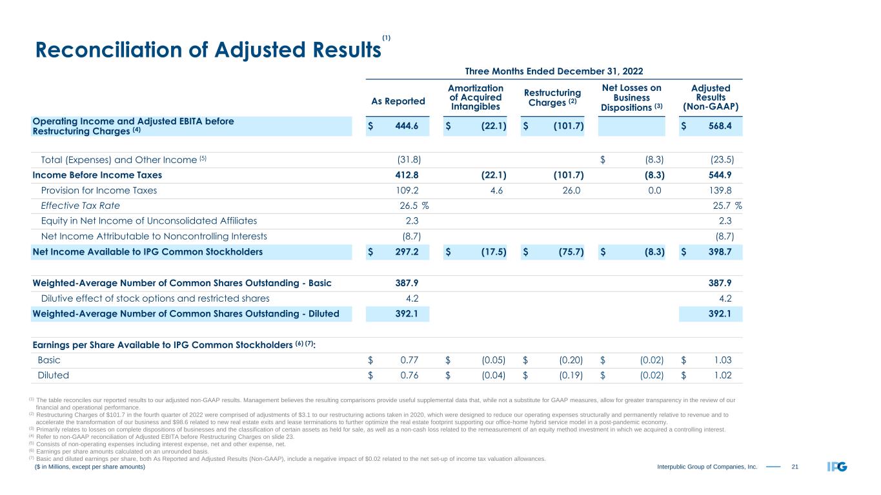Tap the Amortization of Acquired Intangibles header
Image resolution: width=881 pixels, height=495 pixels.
(476, 97)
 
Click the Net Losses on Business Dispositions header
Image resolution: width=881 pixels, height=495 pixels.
(632, 97)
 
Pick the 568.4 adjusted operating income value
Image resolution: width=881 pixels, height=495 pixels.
(718, 126)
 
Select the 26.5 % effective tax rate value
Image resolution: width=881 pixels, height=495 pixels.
(414, 206)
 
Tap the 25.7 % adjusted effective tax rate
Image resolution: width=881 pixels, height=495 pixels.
(724, 206)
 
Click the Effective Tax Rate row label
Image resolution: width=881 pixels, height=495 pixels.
(80, 206)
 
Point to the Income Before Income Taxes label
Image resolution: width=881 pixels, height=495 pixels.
(97, 175)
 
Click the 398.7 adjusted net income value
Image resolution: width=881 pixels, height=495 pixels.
(718, 252)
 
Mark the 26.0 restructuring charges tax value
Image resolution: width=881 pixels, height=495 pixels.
(571, 191)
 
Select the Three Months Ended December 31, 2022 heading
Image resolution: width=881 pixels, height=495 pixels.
(554, 70)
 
